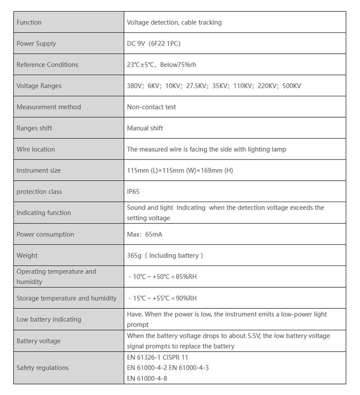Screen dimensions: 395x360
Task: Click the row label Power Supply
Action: [36, 44]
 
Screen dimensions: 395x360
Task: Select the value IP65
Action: [134, 192]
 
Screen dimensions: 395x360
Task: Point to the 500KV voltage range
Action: [292, 86]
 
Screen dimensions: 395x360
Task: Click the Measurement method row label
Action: [48, 107]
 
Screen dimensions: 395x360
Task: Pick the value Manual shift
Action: [144, 128]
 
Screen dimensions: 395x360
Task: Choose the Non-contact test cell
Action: [151, 107]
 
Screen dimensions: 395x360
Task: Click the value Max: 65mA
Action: [144, 234]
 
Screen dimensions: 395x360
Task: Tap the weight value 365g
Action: [134, 256]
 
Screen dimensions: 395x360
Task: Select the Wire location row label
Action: [36, 150]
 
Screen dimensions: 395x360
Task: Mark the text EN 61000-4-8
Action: [147, 378]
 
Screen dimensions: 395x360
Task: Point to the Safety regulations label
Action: [42, 368]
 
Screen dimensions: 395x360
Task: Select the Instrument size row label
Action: [38, 171]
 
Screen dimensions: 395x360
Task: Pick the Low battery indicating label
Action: [49, 320]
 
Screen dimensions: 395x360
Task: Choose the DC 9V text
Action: [136, 44]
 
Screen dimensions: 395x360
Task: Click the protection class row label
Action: [39, 192]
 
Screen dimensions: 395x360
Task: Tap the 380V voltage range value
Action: [135, 86]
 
